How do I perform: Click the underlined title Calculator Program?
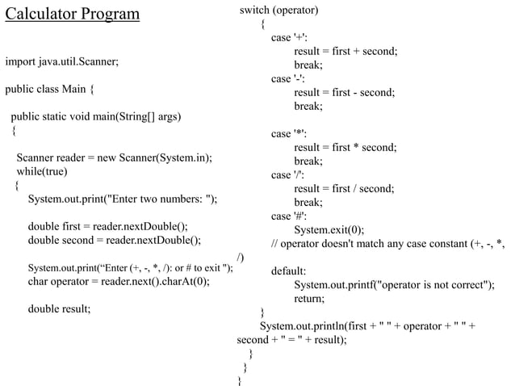72,15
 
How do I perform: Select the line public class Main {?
49,89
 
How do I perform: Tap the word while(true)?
43,171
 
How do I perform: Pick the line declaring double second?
114,240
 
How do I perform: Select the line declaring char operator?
119,281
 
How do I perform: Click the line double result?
59,308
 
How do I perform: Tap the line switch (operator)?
278,10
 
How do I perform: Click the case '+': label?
289,38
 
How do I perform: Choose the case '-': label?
288,79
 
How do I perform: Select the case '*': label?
289,134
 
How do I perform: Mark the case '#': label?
289,216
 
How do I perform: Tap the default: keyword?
288,271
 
